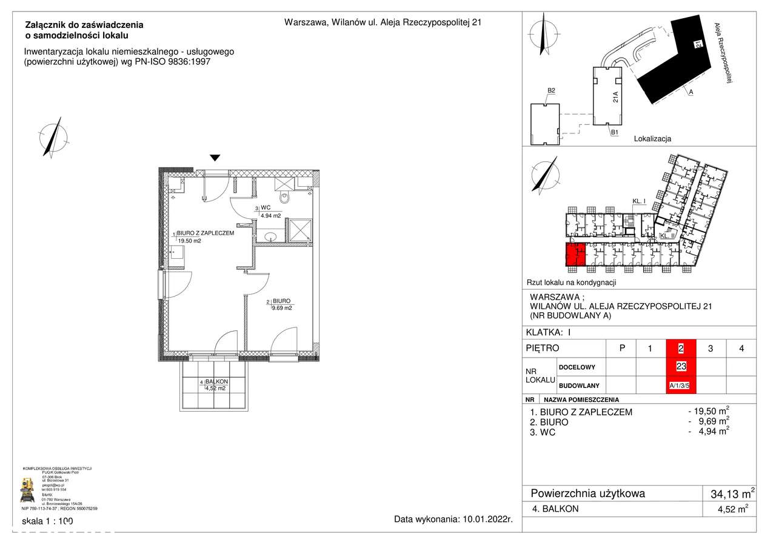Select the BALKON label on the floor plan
(216, 381)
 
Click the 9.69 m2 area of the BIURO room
(283, 308)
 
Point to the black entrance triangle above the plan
(215, 158)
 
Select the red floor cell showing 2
(681, 349)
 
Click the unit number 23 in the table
(681, 366)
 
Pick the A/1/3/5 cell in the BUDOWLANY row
(680, 385)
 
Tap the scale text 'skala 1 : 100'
(47, 521)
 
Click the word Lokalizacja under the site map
(652, 139)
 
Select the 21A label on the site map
(615, 97)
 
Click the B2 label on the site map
(552, 91)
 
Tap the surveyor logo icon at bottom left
(28, 489)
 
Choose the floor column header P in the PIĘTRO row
(621, 349)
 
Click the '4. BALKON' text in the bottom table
(554, 509)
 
